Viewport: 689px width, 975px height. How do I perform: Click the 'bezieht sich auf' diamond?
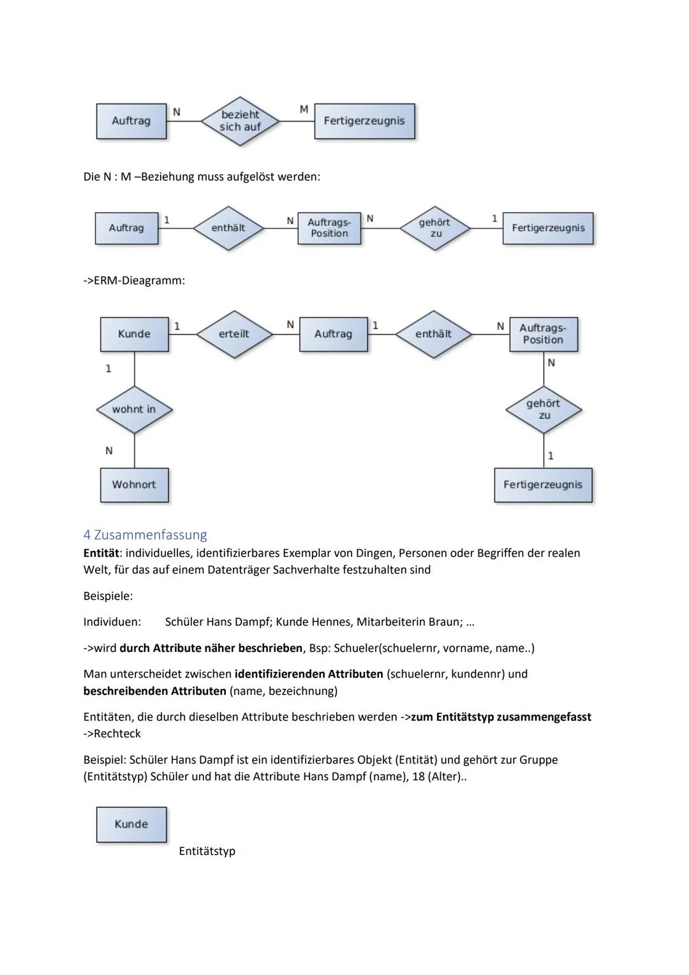[240, 121]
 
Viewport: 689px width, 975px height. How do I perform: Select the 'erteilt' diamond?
[234, 334]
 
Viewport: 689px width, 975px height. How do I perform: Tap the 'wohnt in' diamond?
[134, 409]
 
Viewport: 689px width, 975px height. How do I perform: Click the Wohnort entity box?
[134, 485]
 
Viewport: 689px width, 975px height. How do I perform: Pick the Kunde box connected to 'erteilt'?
[134, 334]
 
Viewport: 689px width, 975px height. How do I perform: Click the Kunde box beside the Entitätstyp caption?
[131, 824]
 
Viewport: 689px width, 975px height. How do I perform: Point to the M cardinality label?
[304, 110]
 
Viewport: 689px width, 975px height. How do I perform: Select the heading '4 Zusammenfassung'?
[145, 534]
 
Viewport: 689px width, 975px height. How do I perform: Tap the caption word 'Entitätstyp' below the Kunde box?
[207, 851]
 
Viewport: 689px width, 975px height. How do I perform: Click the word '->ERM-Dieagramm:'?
[134, 280]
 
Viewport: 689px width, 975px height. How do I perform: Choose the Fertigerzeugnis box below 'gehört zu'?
[543, 485]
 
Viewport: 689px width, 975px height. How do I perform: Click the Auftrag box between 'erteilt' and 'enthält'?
[333, 334]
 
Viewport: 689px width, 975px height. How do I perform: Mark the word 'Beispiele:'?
[108, 596]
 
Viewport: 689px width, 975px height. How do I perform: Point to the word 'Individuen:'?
[112, 622]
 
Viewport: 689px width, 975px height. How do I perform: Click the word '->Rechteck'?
[112, 734]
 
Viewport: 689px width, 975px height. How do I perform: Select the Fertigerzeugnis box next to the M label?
[364, 121]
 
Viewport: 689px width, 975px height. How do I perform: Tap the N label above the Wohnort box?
[109, 451]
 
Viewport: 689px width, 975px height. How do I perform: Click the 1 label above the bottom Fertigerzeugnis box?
[551, 456]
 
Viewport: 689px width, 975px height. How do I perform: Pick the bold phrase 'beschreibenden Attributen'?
[154, 691]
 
